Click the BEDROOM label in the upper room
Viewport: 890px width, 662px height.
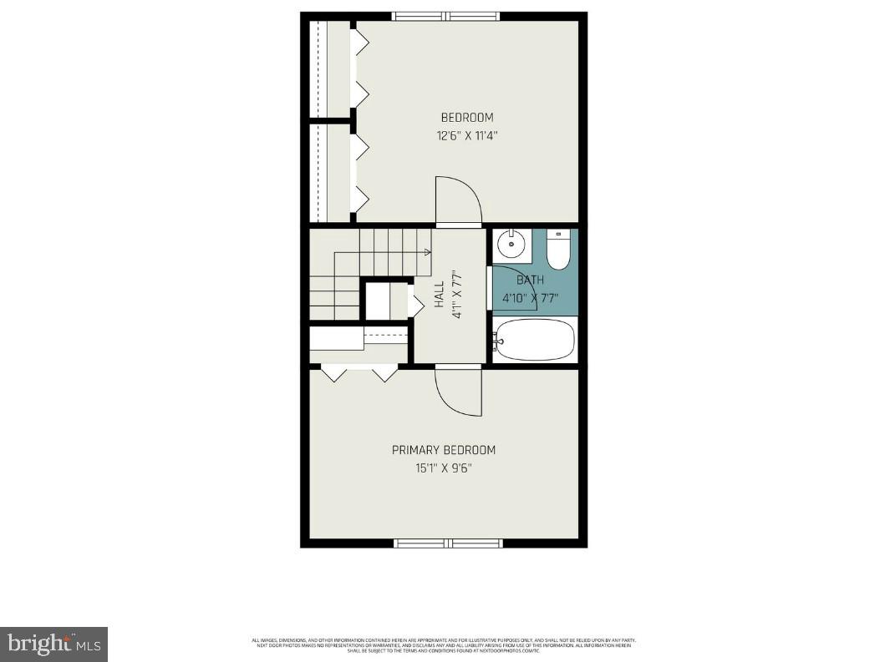click(467, 118)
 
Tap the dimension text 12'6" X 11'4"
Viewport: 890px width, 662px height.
click(467, 135)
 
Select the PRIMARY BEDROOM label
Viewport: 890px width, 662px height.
click(444, 450)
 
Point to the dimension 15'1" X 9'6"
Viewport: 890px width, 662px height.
click(444, 468)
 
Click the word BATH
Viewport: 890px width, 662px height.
click(530, 280)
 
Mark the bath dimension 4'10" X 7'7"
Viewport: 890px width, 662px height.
click(530, 297)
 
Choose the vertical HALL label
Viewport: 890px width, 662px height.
click(440, 295)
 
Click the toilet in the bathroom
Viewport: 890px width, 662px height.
click(558, 250)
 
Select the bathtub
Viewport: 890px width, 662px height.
click(535, 340)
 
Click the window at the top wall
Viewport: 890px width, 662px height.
click(445, 16)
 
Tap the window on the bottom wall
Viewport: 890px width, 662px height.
click(448, 543)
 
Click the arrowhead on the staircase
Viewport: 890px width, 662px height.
click(428, 251)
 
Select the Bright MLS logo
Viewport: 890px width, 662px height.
click(53, 644)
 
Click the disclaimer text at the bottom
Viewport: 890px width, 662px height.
click(444, 645)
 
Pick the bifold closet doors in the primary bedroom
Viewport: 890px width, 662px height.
click(360, 373)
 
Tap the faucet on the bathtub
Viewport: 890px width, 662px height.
click(497, 340)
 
